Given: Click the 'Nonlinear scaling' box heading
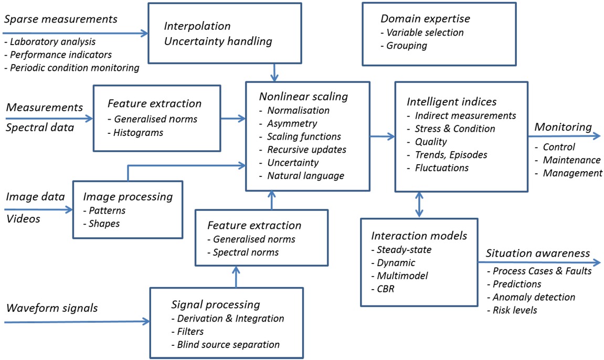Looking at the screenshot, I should click(303, 97).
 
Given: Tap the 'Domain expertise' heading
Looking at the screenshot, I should click(425, 19).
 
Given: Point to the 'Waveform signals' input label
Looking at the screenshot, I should click(52, 308).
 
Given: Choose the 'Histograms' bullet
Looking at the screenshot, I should click(138, 133).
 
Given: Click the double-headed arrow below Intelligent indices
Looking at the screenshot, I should click(419, 204).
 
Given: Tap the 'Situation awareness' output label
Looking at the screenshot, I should click(537, 253).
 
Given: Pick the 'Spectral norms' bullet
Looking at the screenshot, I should click(246, 252).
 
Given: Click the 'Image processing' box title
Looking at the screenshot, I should click(128, 197).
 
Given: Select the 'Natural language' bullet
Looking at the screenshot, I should click(305, 176).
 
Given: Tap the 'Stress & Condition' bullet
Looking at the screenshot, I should click(454, 129).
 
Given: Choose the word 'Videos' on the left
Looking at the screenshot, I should click(23, 218).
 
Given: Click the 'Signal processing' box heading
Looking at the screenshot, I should click(216, 304).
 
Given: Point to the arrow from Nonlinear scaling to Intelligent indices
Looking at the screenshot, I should click(382, 136).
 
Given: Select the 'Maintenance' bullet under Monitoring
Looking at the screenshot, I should click(571, 160).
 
